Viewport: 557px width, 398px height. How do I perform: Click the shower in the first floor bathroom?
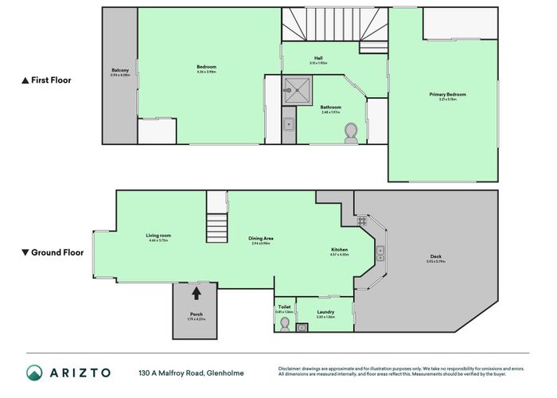(x=298, y=88)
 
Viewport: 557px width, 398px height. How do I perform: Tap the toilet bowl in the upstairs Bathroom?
(x=352, y=134)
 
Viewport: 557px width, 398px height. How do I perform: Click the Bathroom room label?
(x=331, y=108)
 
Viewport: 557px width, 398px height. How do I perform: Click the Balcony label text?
(x=120, y=72)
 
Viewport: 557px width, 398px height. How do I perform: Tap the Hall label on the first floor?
(x=318, y=58)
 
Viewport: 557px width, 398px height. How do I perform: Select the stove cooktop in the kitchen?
(x=361, y=220)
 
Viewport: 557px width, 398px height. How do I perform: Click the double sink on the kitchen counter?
(x=381, y=253)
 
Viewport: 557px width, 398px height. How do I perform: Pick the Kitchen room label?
(x=340, y=250)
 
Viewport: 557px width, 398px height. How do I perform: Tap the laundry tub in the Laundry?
(x=302, y=327)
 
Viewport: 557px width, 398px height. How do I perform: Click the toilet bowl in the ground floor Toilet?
(x=285, y=324)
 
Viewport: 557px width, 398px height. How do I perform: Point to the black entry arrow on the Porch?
(x=197, y=293)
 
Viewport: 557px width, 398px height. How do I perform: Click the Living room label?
(x=158, y=236)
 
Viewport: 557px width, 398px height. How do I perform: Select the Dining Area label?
(x=240, y=239)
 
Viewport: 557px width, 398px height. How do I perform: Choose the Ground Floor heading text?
(x=53, y=252)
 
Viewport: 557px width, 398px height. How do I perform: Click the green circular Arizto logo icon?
(x=34, y=373)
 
